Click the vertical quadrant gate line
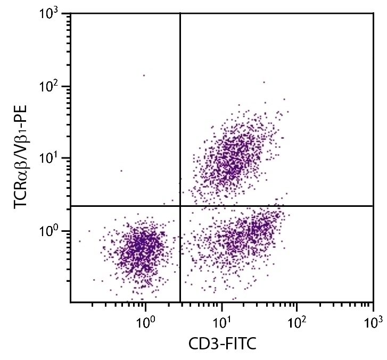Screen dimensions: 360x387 [x=180, y=106]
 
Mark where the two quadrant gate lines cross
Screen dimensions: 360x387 [x=180, y=206]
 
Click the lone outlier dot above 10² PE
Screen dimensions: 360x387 [x=144, y=76]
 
